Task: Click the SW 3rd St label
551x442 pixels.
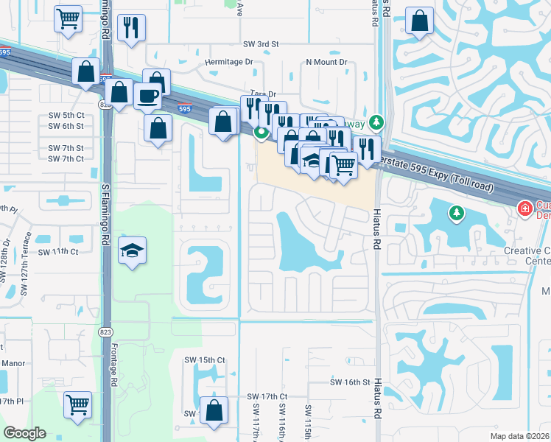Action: click(x=262, y=44)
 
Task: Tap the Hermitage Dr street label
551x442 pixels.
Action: click(x=229, y=63)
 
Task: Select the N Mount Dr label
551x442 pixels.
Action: click(x=326, y=63)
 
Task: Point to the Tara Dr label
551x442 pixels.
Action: click(x=263, y=94)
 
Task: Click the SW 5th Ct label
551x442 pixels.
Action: click(x=66, y=116)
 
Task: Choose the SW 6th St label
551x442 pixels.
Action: click(x=66, y=126)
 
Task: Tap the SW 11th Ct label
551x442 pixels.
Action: click(x=60, y=251)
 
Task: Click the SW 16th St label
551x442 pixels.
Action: click(x=349, y=382)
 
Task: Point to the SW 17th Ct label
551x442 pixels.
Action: click(x=266, y=396)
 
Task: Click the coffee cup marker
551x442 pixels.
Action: click(x=148, y=96)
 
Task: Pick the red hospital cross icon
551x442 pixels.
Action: click(x=525, y=209)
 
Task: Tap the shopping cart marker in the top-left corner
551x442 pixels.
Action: click(x=68, y=18)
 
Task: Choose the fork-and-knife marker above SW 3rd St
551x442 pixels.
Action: click(x=132, y=28)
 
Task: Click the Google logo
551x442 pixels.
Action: click(x=25, y=433)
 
